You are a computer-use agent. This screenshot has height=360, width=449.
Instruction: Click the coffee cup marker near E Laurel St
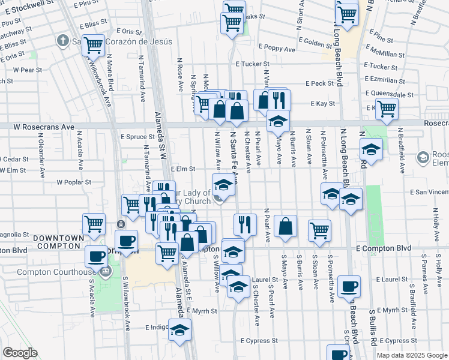[349, 287]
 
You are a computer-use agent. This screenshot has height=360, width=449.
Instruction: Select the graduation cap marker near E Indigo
[179, 330]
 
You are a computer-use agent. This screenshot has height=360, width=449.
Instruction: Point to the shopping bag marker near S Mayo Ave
[286, 226]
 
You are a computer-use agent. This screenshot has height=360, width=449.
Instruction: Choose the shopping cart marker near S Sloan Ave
[319, 230]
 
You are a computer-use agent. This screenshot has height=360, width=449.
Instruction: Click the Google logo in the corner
[20, 353]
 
